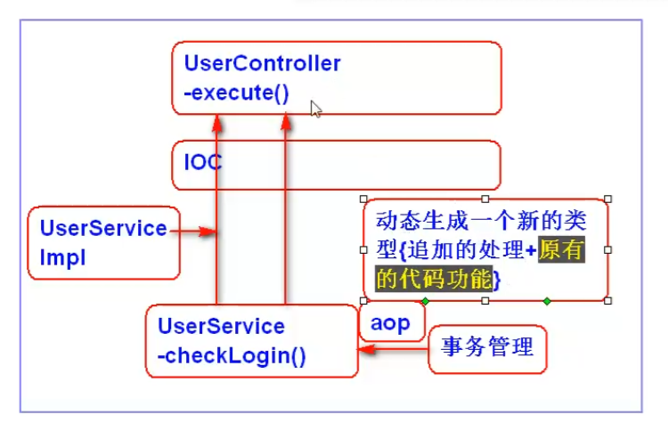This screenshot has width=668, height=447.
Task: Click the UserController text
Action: pyautogui.click(x=263, y=63)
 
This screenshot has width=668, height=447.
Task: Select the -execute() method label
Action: pyautogui.click(x=236, y=93)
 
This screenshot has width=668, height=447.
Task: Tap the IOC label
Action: pyautogui.click(x=203, y=162)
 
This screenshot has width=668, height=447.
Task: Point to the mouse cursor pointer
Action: pyautogui.click(x=315, y=109)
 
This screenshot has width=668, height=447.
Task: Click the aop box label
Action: pyautogui.click(x=390, y=323)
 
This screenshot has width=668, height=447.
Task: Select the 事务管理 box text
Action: pyautogui.click(x=487, y=346)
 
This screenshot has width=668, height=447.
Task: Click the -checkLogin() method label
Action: pyautogui.click(x=232, y=356)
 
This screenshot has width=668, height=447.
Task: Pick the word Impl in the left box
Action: pyautogui.click(x=62, y=258)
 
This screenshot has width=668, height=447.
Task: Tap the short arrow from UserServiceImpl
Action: pyautogui.click(x=193, y=232)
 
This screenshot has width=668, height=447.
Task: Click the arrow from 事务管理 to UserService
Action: pyautogui.click(x=393, y=350)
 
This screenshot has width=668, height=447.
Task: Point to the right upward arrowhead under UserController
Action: pyautogui.click(x=286, y=121)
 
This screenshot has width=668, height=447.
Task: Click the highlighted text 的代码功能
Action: pyautogui.click(x=434, y=280)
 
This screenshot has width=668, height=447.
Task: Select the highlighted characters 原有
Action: pyautogui.click(x=561, y=249)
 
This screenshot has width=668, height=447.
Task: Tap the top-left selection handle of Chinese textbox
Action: pyautogui.click(x=363, y=199)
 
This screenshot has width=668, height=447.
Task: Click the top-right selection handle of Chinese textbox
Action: pyautogui.click(x=608, y=199)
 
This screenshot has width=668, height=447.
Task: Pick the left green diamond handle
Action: pyautogui.click(x=425, y=301)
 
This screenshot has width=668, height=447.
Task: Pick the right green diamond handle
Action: pyautogui.click(x=547, y=301)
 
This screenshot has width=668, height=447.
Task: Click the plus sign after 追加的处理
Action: pyautogui.click(x=531, y=250)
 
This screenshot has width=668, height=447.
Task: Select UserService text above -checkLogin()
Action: pyautogui.click(x=221, y=327)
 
